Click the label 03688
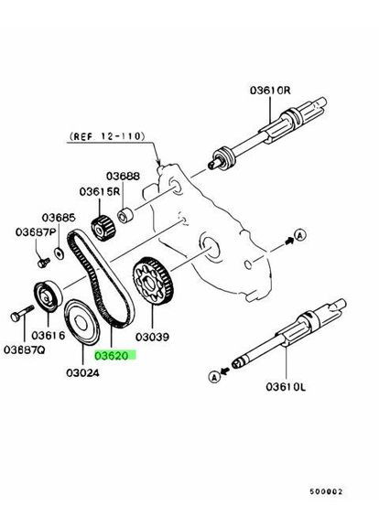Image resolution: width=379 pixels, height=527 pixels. click(x=121, y=176)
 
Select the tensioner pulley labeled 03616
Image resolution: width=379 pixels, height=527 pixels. click(x=46, y=296)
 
